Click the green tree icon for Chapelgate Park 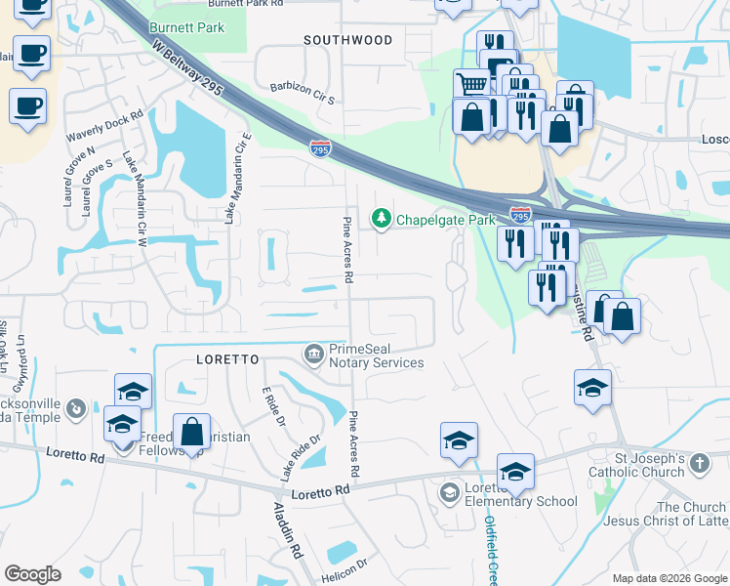click(x=382, y=219)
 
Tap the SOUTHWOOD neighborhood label click(x=347, y=41)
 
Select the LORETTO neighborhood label click(x=227, y=359)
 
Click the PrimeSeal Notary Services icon click(x=314, y=353)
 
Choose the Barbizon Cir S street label click(x=303, y=100)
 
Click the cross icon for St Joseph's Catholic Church click(x=699, y=463)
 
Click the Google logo click(x=32, y=574)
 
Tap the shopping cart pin click(x=472, y=84)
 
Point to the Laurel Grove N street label click(x=78, y=171)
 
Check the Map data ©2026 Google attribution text click(x=669, y=578)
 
